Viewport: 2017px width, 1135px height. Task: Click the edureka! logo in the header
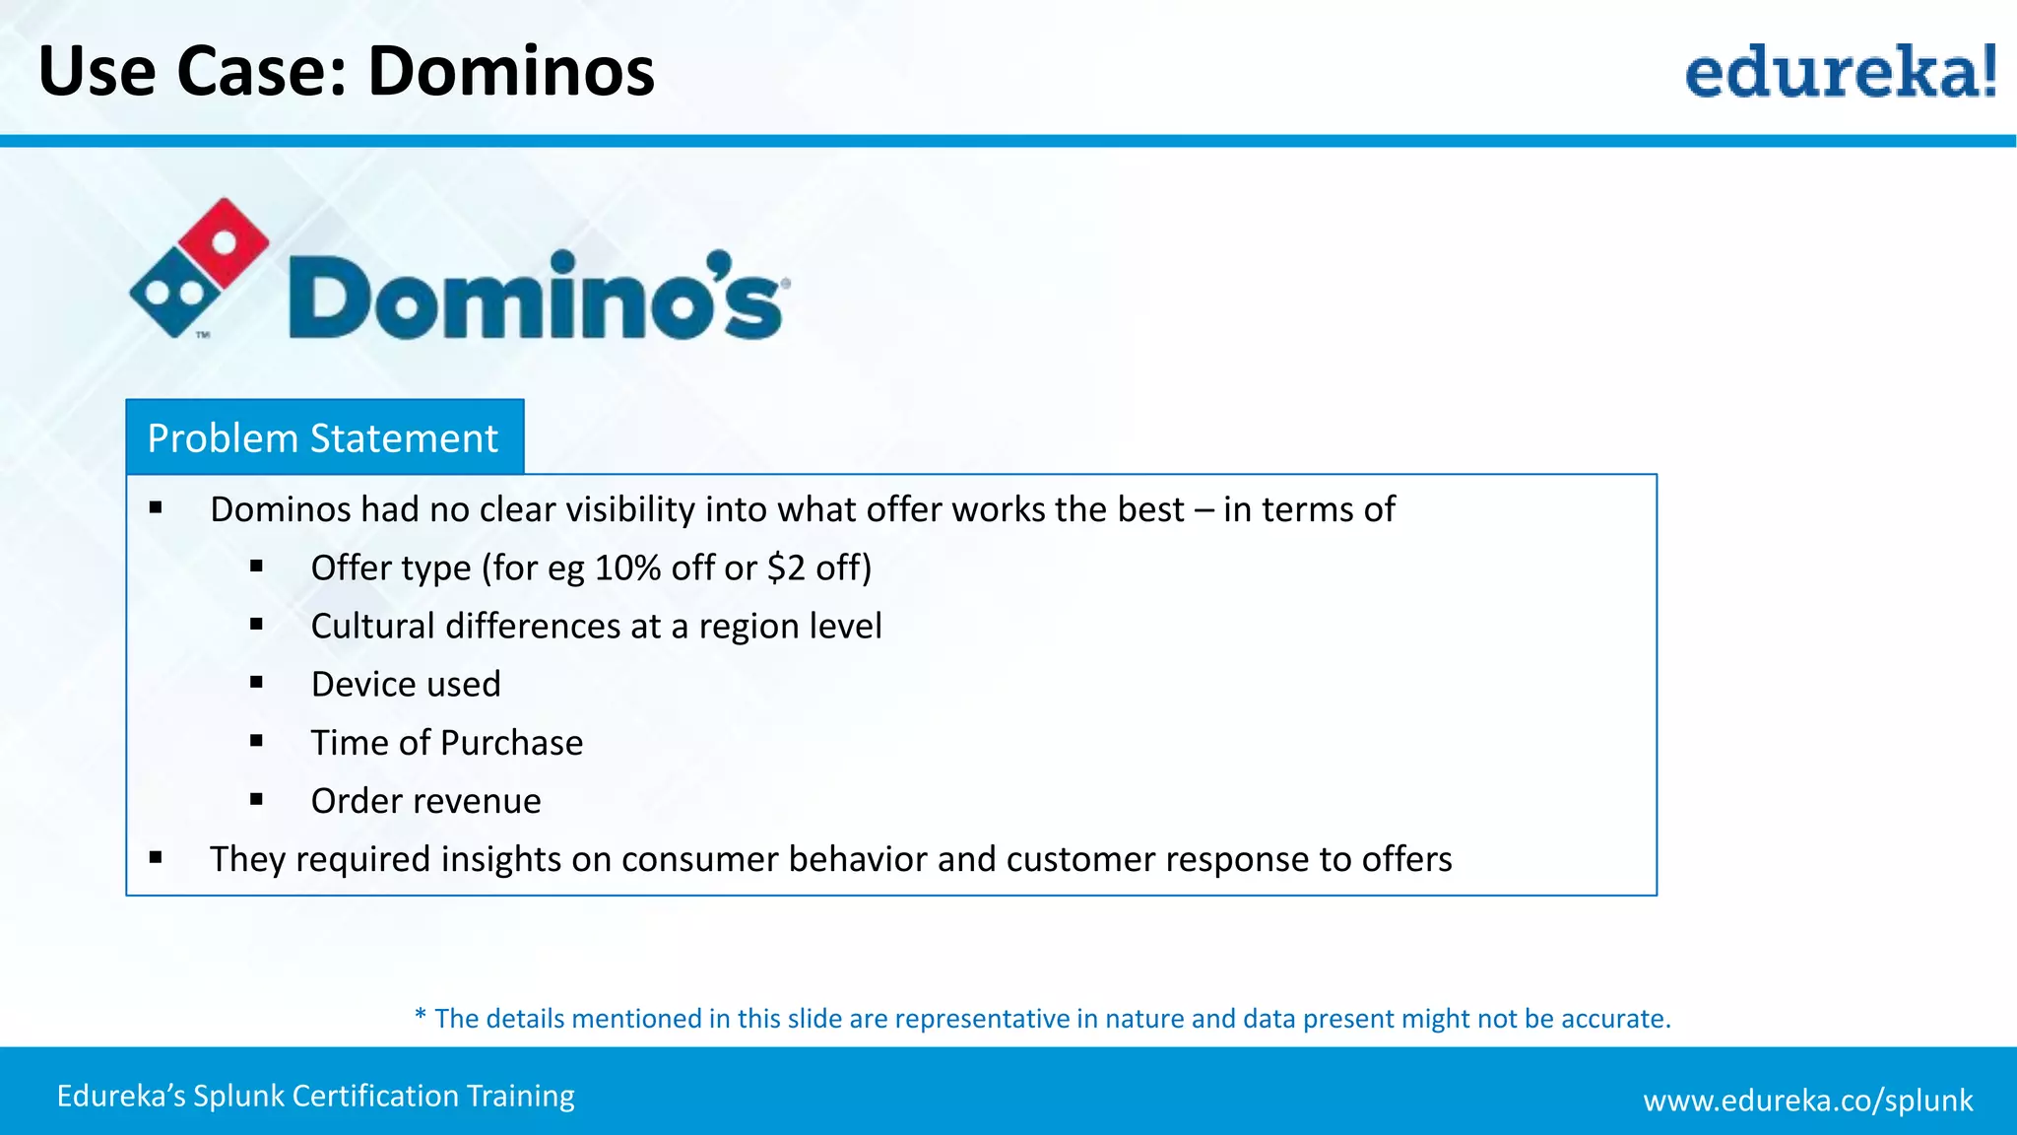pos(1840,71)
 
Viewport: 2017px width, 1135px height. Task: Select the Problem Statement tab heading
pos(323,437)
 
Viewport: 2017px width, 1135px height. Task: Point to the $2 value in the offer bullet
pos(786,568)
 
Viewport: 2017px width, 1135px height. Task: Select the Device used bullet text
pos(406,685)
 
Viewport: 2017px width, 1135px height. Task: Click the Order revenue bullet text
pos(425,801)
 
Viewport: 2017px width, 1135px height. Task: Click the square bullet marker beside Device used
pos(256,682)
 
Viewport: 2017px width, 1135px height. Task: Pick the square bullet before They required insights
pos(156,857)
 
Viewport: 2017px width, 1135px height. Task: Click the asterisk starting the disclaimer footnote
pos(421,1016)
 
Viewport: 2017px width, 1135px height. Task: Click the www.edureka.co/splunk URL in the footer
pos(1807,1101)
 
